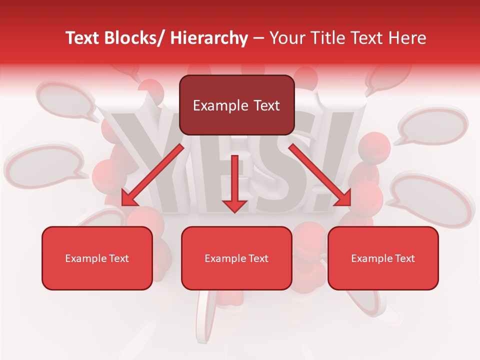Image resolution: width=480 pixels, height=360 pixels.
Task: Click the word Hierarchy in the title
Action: pyautogui.click(x=209, y=38)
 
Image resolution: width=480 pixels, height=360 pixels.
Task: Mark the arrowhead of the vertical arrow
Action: pyautogui.click(x=234, y=205)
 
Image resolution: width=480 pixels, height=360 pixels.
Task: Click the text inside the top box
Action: pyautogui.click(x=236, y=105)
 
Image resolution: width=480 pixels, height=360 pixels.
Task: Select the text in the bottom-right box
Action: pyautogui.click(x=383, y=258)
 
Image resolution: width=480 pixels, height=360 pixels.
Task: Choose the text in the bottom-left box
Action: pyautogui.click(x=97, y=258)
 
